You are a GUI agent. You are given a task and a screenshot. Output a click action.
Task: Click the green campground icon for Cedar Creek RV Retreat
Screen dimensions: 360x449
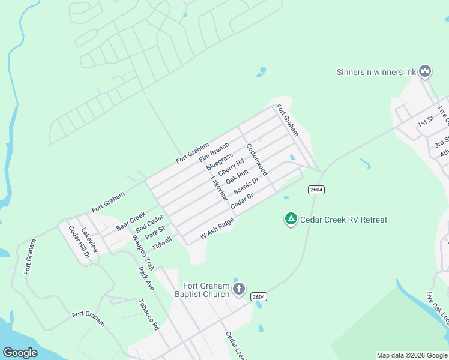[x=291, y=220]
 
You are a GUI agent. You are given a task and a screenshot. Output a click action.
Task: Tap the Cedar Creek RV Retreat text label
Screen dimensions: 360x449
[x=344, y=220]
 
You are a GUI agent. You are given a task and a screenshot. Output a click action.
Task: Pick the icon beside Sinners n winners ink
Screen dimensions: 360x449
[x=426, y=72]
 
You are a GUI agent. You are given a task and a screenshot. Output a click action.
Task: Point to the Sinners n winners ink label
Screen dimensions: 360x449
[x=376, y=72]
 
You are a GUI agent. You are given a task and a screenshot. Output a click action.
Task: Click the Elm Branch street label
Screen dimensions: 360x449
[x=214, y=151]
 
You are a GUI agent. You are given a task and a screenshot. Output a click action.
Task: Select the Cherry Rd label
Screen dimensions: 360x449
[x=231, y=167]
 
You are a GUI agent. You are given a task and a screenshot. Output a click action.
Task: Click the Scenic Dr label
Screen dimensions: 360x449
[x=246, y=185]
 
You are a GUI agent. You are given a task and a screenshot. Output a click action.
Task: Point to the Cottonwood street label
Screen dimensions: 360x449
[x=256, y=160]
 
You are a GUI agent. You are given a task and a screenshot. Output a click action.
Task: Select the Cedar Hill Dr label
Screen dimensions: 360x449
[x=79, y=242]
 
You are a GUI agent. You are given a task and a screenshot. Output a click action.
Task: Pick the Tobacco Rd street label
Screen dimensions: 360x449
[x=148, y=314]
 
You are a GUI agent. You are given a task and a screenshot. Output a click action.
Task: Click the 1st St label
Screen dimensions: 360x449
[x=426, y=122]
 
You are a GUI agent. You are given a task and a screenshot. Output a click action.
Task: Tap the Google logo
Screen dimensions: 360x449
[x=20, y=353]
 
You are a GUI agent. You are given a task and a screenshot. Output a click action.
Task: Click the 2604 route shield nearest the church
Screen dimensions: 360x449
[x=259, y=296]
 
